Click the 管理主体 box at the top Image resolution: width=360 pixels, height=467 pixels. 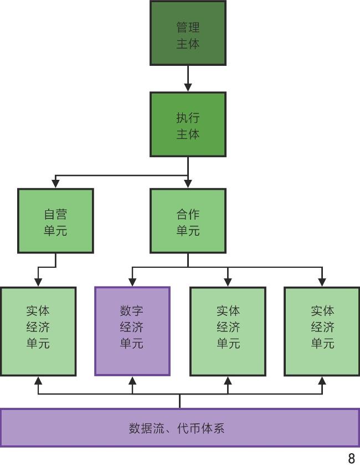tap(188, 33)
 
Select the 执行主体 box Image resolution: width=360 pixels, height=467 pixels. tap(188, 124)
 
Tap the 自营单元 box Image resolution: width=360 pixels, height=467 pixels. tap(55, 221)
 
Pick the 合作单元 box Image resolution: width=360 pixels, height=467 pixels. tap(188, 221)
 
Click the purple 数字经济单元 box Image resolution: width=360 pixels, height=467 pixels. tap(132, 331)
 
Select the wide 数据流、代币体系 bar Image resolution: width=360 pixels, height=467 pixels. tap(179, 427)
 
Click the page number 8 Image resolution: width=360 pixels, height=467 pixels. tap(351, 458)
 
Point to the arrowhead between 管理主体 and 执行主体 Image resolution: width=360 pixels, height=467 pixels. tap(188, 87)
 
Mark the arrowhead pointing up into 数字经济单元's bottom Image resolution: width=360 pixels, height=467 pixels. tap(132, 381)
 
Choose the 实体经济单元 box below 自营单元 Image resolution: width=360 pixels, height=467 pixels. tap(38, 331)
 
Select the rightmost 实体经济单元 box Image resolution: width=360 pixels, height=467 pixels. tap(322, 331)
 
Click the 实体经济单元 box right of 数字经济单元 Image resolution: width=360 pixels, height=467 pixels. tap(228, 331)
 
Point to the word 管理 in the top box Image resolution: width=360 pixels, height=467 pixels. tap(188, 27)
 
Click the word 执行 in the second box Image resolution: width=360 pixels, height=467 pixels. tap(188, 117)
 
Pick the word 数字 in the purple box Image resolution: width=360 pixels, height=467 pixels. tap(132, 310)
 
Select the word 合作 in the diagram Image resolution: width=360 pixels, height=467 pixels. tap(188, 214)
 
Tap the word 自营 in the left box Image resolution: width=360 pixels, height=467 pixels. tap(55, 214)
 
